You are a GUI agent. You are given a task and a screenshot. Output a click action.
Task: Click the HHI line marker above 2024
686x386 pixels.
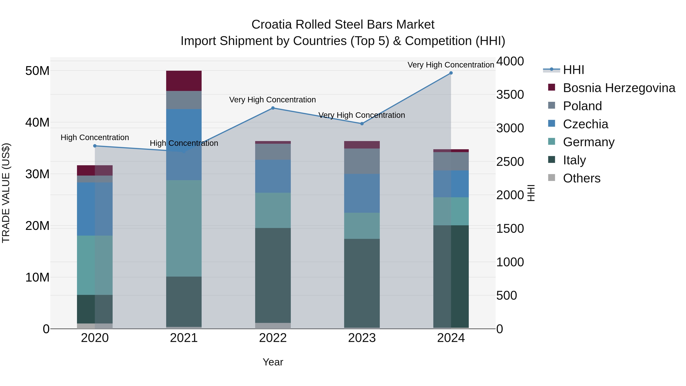(451, 73)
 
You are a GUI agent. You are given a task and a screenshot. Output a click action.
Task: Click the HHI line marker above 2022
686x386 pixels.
(273, 108)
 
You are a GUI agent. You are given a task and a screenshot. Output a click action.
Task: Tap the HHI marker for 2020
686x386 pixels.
(95, 146)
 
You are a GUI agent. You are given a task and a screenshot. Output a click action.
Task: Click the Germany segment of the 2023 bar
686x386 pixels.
(362, 226)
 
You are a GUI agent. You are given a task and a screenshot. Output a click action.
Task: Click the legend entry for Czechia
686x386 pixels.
(585, 124)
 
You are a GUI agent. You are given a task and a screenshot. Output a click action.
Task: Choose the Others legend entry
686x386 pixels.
(581, 178)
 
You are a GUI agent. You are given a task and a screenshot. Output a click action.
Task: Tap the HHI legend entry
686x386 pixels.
(573, 70)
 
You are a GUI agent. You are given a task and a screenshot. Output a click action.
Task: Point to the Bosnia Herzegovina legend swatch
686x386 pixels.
(551, 87)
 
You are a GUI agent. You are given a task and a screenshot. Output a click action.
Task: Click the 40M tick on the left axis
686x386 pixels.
(37, 123)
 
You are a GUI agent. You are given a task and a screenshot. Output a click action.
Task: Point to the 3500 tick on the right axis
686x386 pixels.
(510, 95)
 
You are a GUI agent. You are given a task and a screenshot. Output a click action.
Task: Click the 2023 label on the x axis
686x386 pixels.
(362, 338)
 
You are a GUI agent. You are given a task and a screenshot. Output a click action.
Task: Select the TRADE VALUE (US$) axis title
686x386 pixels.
(6, 193)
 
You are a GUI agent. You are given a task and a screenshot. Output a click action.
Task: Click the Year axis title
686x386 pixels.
(273, 362)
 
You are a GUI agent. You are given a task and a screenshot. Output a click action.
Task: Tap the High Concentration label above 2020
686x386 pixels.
(95, 137)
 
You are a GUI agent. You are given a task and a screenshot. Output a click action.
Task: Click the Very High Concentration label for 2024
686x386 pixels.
(451, 65)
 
